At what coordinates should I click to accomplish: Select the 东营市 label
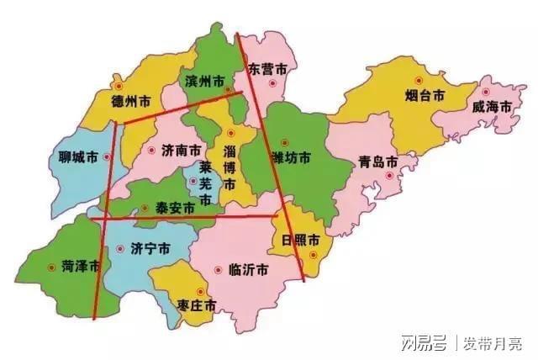268,67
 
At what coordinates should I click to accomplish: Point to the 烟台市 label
424,96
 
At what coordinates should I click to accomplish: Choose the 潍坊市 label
291,158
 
